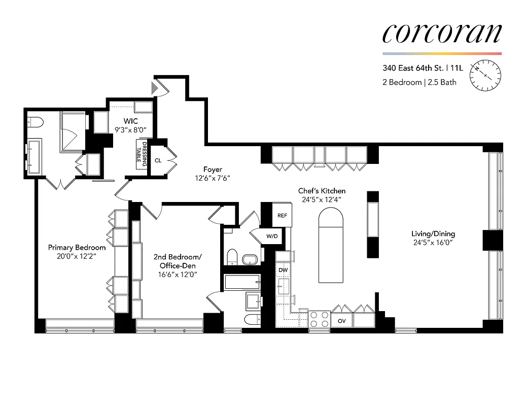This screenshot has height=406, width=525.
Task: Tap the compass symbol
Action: point(485,75)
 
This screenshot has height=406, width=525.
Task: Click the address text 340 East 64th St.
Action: point(412,68)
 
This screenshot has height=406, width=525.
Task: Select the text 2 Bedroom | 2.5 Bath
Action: point(419,82)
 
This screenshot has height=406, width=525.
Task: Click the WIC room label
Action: point(131,121)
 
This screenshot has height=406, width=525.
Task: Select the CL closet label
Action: point(158,160)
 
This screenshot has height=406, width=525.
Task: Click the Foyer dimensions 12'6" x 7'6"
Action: point(213,178)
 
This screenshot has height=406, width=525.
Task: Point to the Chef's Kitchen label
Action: point(322,191)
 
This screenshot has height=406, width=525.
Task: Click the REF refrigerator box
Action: point(282,215)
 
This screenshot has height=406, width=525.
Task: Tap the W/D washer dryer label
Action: point(272,236)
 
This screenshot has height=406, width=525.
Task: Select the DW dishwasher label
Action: point(283,270)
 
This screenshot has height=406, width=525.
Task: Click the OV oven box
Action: point(342,321)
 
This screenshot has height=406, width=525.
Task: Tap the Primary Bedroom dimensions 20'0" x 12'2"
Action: point(77,256)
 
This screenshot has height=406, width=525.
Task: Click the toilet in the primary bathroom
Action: point(35,121)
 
